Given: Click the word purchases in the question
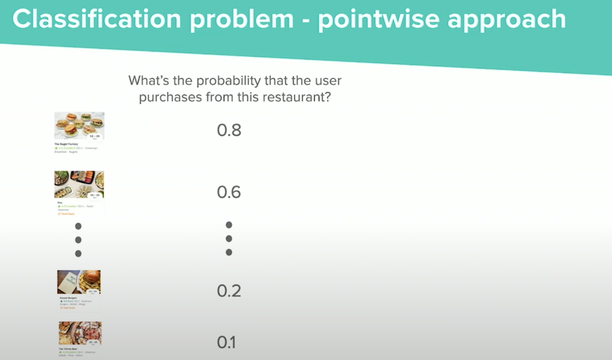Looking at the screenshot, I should (171, 97).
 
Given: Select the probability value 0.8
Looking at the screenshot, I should (229, 130).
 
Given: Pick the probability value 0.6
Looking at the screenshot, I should (229, 192).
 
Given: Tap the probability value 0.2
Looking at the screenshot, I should (229, 291).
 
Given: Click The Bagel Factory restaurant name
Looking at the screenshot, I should (66, 144).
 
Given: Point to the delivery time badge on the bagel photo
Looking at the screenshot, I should (94, 136).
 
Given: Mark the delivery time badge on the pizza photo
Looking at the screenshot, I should (93, 343).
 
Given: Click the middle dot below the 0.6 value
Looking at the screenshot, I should (229, 238).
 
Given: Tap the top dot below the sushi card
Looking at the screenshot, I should (78, 226).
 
